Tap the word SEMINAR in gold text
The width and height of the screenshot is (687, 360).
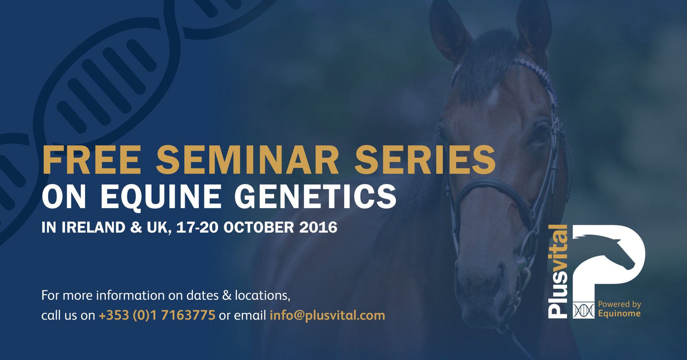pyautogui.click(x=248, y=160)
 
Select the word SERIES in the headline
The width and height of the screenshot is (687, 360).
pyautogui.click(x=425, y=160)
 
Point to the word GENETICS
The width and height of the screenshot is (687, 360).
pyautogui.click(x=316, y=197)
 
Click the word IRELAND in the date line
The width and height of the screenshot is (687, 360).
pyautogui.click(x=94, y=228)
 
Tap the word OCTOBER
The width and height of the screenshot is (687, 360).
pyautogui.click(x=259, y=228)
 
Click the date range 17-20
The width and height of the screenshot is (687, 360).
pyautogui.click(x=197, y=228)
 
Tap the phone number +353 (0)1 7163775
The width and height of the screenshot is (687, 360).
pyautogui.click(x=157, y=315)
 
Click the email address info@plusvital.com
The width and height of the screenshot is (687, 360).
pyautogui.click(x=327, y=315)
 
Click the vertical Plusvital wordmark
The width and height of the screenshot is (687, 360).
pyautogui.click(x=558, y=271)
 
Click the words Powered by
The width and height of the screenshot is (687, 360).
pyautogui.click(x=620, y=305)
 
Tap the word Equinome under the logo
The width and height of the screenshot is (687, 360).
pyautogui.click(x=619, y=314)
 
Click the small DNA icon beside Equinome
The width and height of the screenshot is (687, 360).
pyautogui.click(x=583, y=310)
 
